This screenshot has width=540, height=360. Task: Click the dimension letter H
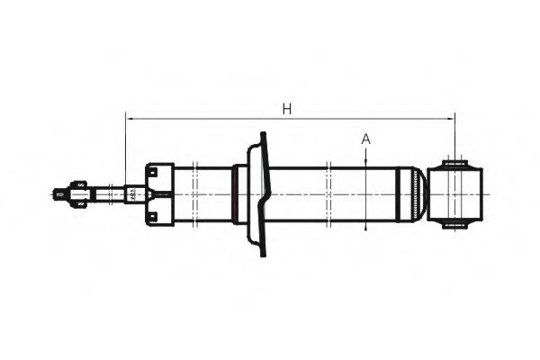(x=287, y=109)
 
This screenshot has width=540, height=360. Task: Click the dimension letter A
(x=365, y=139)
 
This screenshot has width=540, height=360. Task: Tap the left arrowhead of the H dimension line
(x=129, y=117)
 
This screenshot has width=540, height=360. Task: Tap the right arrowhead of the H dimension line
(x=452, y=117)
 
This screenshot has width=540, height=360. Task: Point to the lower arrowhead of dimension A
(x=365, y=226)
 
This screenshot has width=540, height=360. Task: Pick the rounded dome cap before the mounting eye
(x=413, y=193)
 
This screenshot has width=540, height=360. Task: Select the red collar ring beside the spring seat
(x=236, y=193)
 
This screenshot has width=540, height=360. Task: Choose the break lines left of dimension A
(x=330, y=193)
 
